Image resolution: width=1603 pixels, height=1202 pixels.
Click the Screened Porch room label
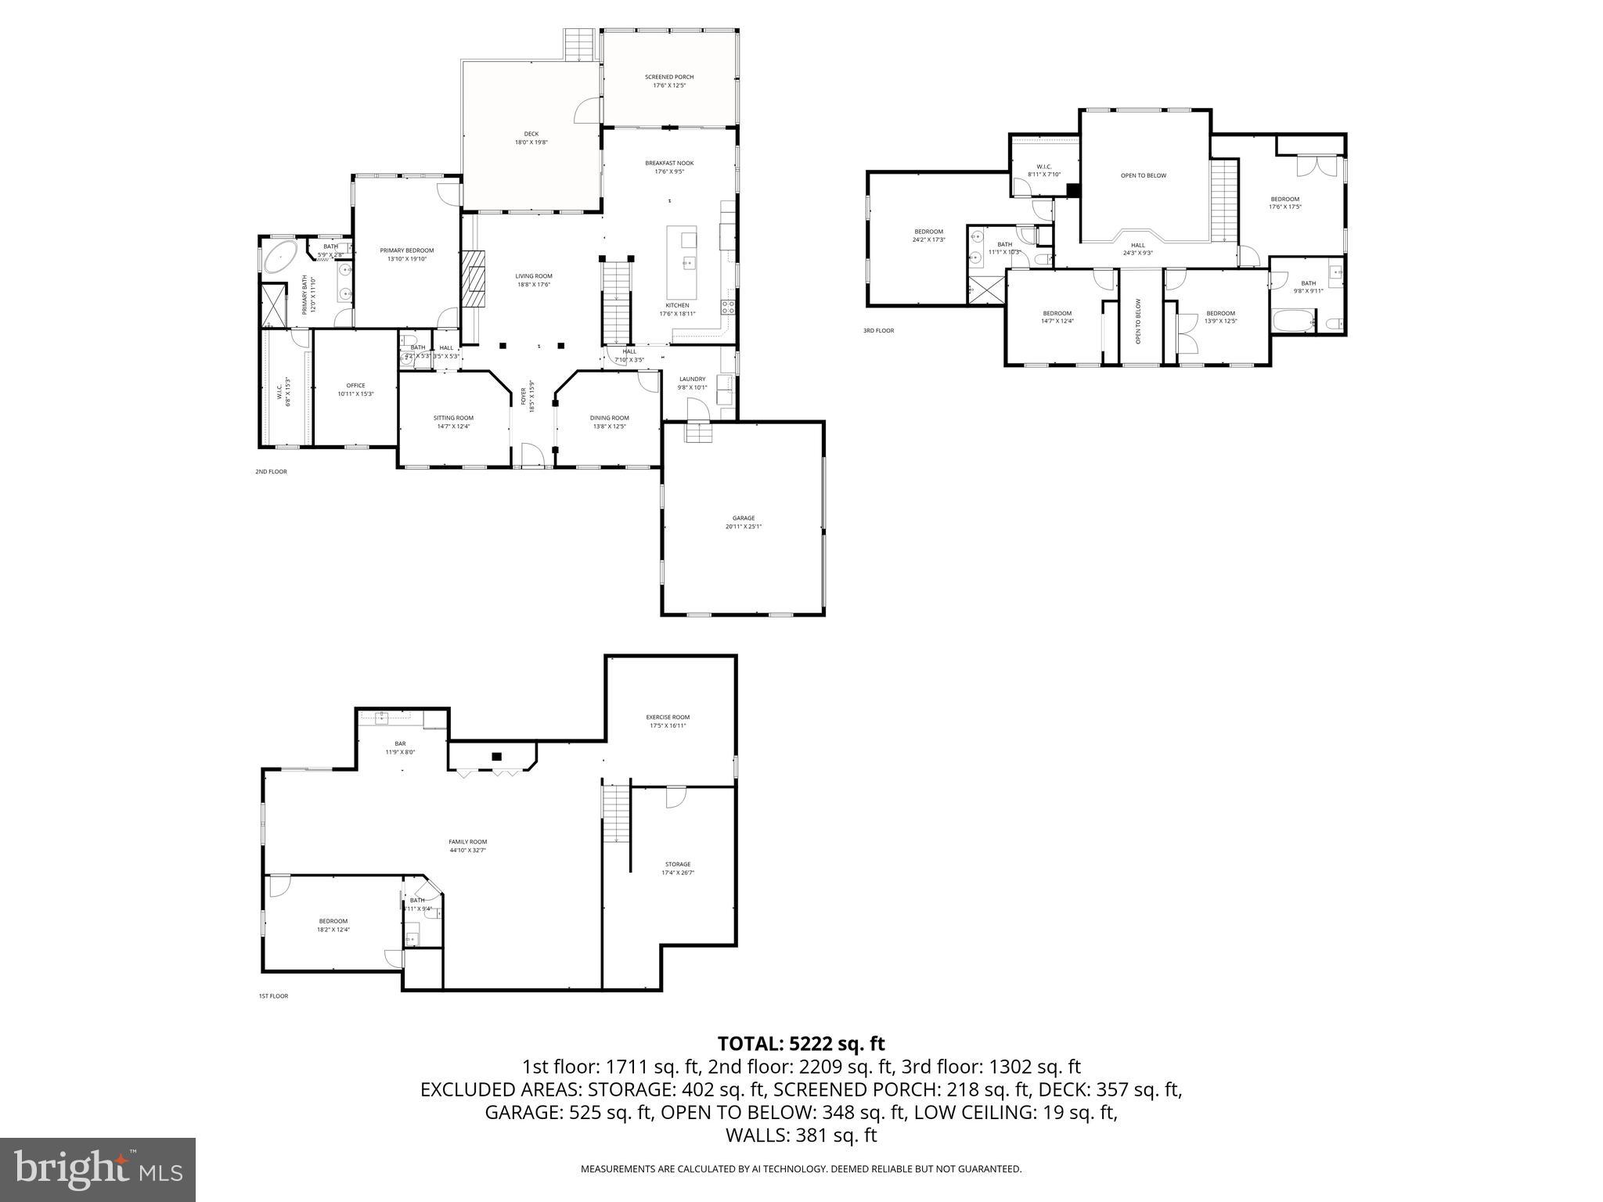(669, 77)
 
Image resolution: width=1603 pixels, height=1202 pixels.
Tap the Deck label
(531, 134)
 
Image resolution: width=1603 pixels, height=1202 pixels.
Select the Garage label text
(743, 518)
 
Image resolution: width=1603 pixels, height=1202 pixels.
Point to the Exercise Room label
(668, 717)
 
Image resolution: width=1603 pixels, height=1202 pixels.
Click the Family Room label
(468, 842)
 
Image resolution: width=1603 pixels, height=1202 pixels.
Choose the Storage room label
(677, 864)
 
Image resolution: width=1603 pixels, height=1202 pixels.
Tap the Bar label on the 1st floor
(400, 743)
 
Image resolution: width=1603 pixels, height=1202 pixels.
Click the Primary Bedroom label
(406, 250)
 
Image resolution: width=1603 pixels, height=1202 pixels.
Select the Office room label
(355, 385)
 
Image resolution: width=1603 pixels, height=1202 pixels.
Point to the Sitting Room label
(453, 418)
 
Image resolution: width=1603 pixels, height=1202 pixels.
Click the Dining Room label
(609, 418)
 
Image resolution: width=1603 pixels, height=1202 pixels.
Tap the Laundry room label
(692, 379)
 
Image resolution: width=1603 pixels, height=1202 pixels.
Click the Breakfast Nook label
(669, 163)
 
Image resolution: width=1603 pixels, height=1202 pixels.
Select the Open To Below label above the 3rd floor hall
(1144, 175)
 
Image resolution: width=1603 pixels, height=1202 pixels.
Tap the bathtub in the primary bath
(279, 257)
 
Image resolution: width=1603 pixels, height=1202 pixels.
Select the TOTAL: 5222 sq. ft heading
(801, 1043)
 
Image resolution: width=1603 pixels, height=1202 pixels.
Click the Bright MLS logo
(98, 1169)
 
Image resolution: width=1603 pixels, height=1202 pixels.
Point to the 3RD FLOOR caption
(878, 331)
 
